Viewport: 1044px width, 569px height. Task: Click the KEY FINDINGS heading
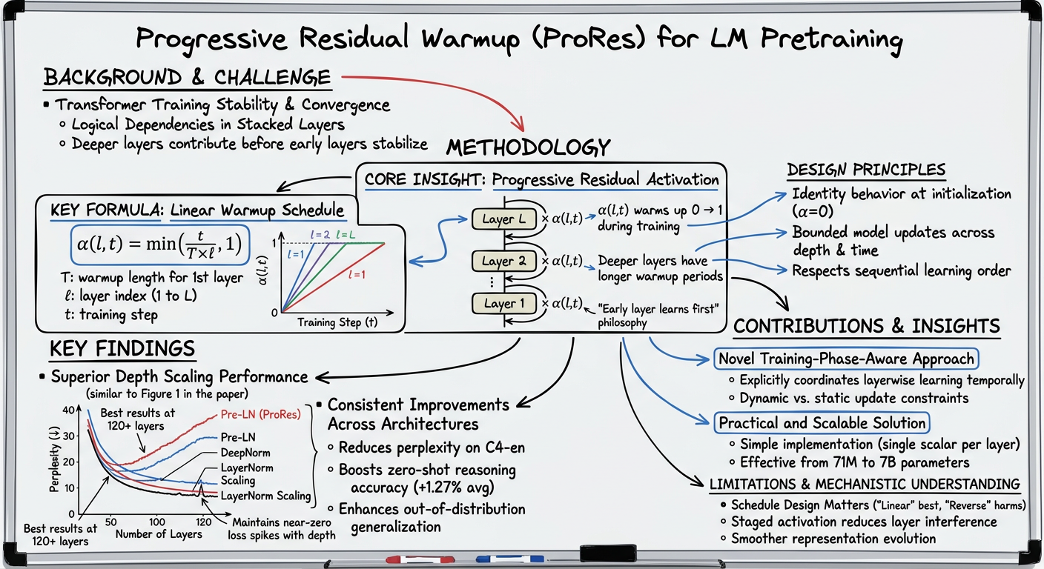[122, 349]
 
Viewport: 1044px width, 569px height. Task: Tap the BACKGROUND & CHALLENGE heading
[187, 77]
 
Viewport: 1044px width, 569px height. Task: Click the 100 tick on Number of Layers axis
[156, 522]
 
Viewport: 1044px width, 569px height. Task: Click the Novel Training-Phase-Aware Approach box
[846, 359]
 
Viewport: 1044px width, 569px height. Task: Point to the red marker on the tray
[412, 559]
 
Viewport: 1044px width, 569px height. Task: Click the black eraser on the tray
[608, 553]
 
